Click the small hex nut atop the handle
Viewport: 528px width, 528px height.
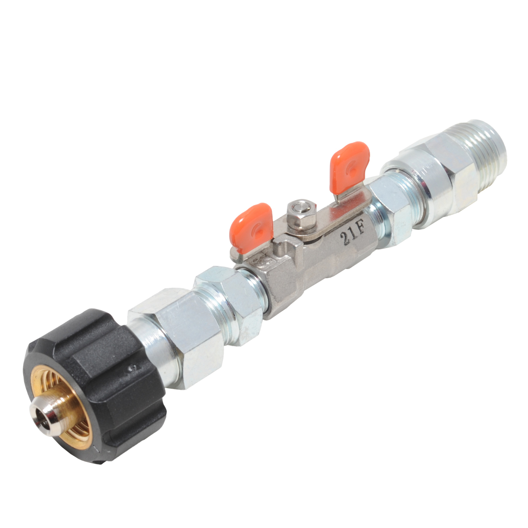(x=301, y=212)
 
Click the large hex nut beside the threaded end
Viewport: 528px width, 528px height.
(x=438, y=176)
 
